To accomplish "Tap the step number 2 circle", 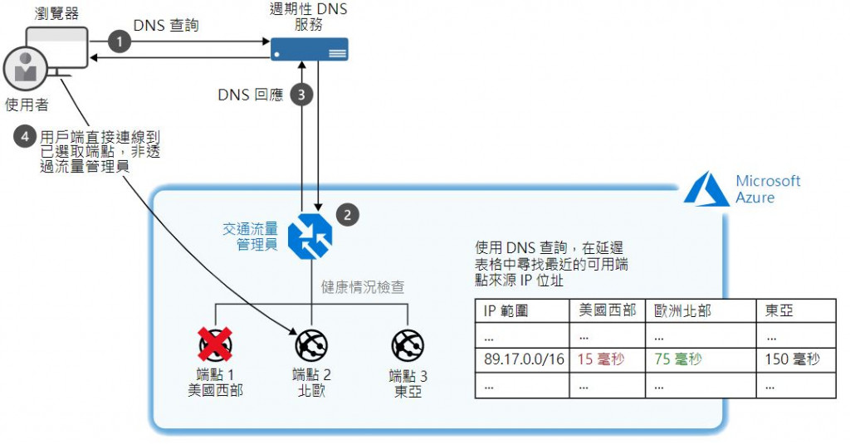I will pyautogui.click(x=347, y=214).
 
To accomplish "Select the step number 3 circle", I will pyautogui.click(x=302, y=95).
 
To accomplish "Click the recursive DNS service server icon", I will pyautogui.click(x=310, y=49).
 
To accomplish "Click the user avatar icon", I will pyautogui.click(x=24, y=71).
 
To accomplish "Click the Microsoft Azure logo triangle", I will pyautogui.click(x=706, y=189).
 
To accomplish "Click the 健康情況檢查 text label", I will pyautogui.click(x=363, y=287).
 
